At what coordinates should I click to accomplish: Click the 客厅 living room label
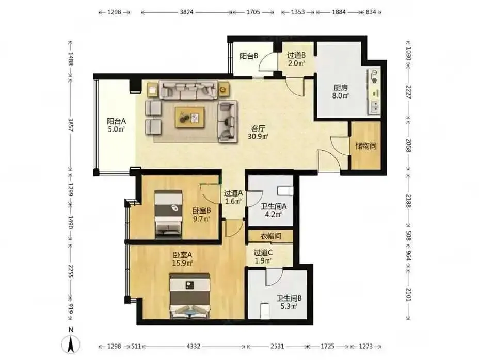tap(258, 128)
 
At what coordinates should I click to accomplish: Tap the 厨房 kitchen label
tap(341, 88)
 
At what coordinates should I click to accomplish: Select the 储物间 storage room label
tap(365, 146)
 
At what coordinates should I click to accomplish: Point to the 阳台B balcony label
tap(249, 56)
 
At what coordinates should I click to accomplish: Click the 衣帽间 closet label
tap(270, 236)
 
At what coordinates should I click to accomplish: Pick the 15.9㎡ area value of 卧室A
tap(182, 263)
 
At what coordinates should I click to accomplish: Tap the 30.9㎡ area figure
tap(258, 137)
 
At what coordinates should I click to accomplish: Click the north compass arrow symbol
tap(71, 345)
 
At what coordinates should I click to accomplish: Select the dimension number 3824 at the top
tap(186, 12)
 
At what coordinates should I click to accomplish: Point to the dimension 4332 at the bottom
tap(194, 346)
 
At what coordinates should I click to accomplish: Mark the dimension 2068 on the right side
tap(408, 145)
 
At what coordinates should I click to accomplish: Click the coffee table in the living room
tap(190, 117)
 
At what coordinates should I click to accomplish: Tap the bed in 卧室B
tap(168, 215)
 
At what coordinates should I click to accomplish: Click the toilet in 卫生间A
tap(285, 191)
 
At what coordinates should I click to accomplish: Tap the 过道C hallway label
tap(263, 253)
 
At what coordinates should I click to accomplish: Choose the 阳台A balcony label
tap(116, 121)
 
